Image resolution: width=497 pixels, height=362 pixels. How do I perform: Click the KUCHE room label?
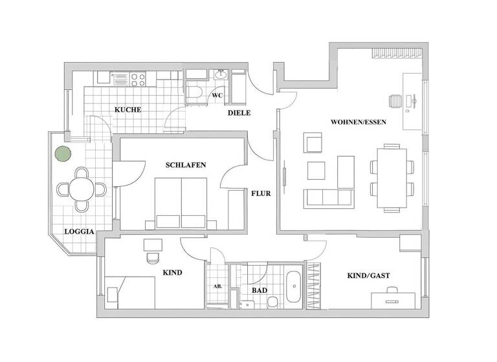[x=127, y=110]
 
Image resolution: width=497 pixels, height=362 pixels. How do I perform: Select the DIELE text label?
[x=238, y=114]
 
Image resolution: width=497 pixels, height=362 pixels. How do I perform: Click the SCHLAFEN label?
[x=186, y=165]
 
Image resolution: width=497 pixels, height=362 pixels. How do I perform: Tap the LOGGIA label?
[x=79, y=231]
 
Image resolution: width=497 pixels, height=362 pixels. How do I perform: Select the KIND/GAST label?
[x=369, y=275]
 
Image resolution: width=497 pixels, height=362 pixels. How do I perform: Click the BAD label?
[x=260, y=291]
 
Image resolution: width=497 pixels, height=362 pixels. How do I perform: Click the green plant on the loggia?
[x=61, y=154]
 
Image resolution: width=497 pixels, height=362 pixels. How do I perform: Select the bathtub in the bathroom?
[x=293, y=286]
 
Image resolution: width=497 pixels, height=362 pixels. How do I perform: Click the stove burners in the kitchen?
[x=138, y=79]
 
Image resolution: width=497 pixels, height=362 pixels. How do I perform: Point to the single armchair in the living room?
[x=313, y=143]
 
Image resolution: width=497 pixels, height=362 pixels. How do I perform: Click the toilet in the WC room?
[x=199, y=94]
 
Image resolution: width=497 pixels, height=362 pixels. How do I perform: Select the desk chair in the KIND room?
[x=153, y=257]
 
